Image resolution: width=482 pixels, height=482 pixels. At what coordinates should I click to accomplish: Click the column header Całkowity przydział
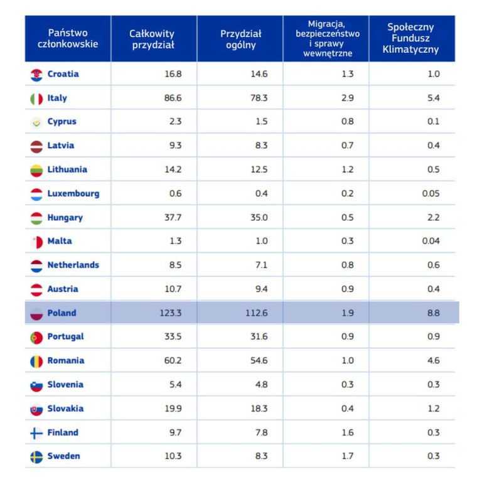(x=152, y=39)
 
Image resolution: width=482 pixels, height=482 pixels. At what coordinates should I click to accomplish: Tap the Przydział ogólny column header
(x=240, y=39)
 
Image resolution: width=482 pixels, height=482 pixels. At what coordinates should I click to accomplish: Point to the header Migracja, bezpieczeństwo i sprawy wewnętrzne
(x=327, y=39)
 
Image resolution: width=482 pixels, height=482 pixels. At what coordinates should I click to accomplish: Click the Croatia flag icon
(x=36, y=75)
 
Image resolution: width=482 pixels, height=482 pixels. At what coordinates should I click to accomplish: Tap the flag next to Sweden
(x=36, y=457)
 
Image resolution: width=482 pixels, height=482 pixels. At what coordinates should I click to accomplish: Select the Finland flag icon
(x=36, y=433)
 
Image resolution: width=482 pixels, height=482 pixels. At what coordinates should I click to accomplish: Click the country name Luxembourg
(x=73, y=193)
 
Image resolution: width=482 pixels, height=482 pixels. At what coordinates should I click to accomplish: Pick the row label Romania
(x=65, y=361)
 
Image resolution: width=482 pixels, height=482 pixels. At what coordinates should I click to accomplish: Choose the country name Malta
(x=60, y=241)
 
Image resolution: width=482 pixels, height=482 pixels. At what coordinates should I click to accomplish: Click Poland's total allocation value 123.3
(x=170, y=313)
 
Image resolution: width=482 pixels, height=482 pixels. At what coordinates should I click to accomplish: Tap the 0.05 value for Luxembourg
(x=431, y=193)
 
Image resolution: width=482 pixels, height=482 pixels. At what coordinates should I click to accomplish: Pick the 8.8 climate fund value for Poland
(x=433, y=313)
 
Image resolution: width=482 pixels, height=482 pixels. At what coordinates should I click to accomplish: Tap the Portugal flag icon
(x=36, y=338)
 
